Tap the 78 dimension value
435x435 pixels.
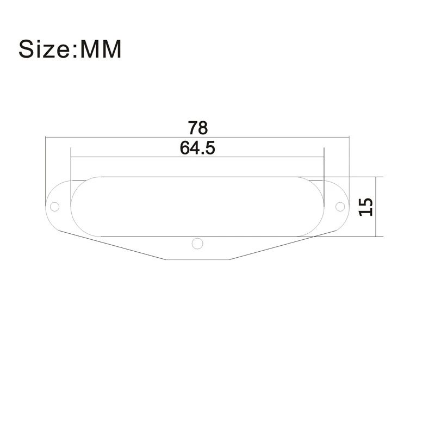198,129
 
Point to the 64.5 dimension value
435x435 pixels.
198,147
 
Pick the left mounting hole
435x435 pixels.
54,207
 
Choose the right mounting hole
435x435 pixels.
340,207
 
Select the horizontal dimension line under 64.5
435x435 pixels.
136,157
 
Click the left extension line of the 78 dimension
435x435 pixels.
46,163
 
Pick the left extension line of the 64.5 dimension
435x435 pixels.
71,163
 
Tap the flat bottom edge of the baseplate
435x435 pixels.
198,259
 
